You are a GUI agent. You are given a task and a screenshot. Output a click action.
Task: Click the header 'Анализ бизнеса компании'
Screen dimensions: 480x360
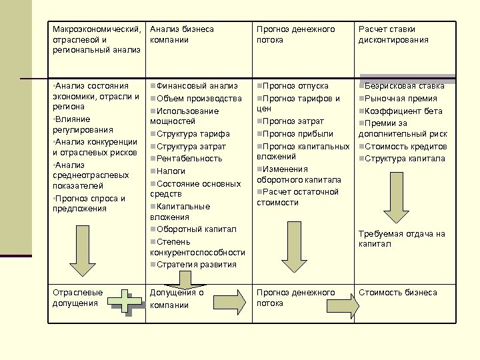181,35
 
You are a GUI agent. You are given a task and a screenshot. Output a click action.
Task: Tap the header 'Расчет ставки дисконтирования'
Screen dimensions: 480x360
393,35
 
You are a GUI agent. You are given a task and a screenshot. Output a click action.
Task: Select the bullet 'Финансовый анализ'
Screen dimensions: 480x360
197,86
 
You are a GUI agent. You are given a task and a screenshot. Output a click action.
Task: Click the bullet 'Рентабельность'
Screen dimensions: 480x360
189,159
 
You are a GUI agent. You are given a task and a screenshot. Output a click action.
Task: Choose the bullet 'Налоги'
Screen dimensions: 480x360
171,171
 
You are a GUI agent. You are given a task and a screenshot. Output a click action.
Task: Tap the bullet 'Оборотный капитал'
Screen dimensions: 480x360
196,229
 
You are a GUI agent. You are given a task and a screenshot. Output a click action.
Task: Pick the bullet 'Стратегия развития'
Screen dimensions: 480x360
197,265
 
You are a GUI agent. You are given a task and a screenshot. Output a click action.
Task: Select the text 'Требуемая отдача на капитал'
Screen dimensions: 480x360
401,239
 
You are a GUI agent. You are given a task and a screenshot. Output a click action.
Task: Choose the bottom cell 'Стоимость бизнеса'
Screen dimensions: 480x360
398,293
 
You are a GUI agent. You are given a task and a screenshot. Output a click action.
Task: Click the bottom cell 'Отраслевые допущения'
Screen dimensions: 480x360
78,298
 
